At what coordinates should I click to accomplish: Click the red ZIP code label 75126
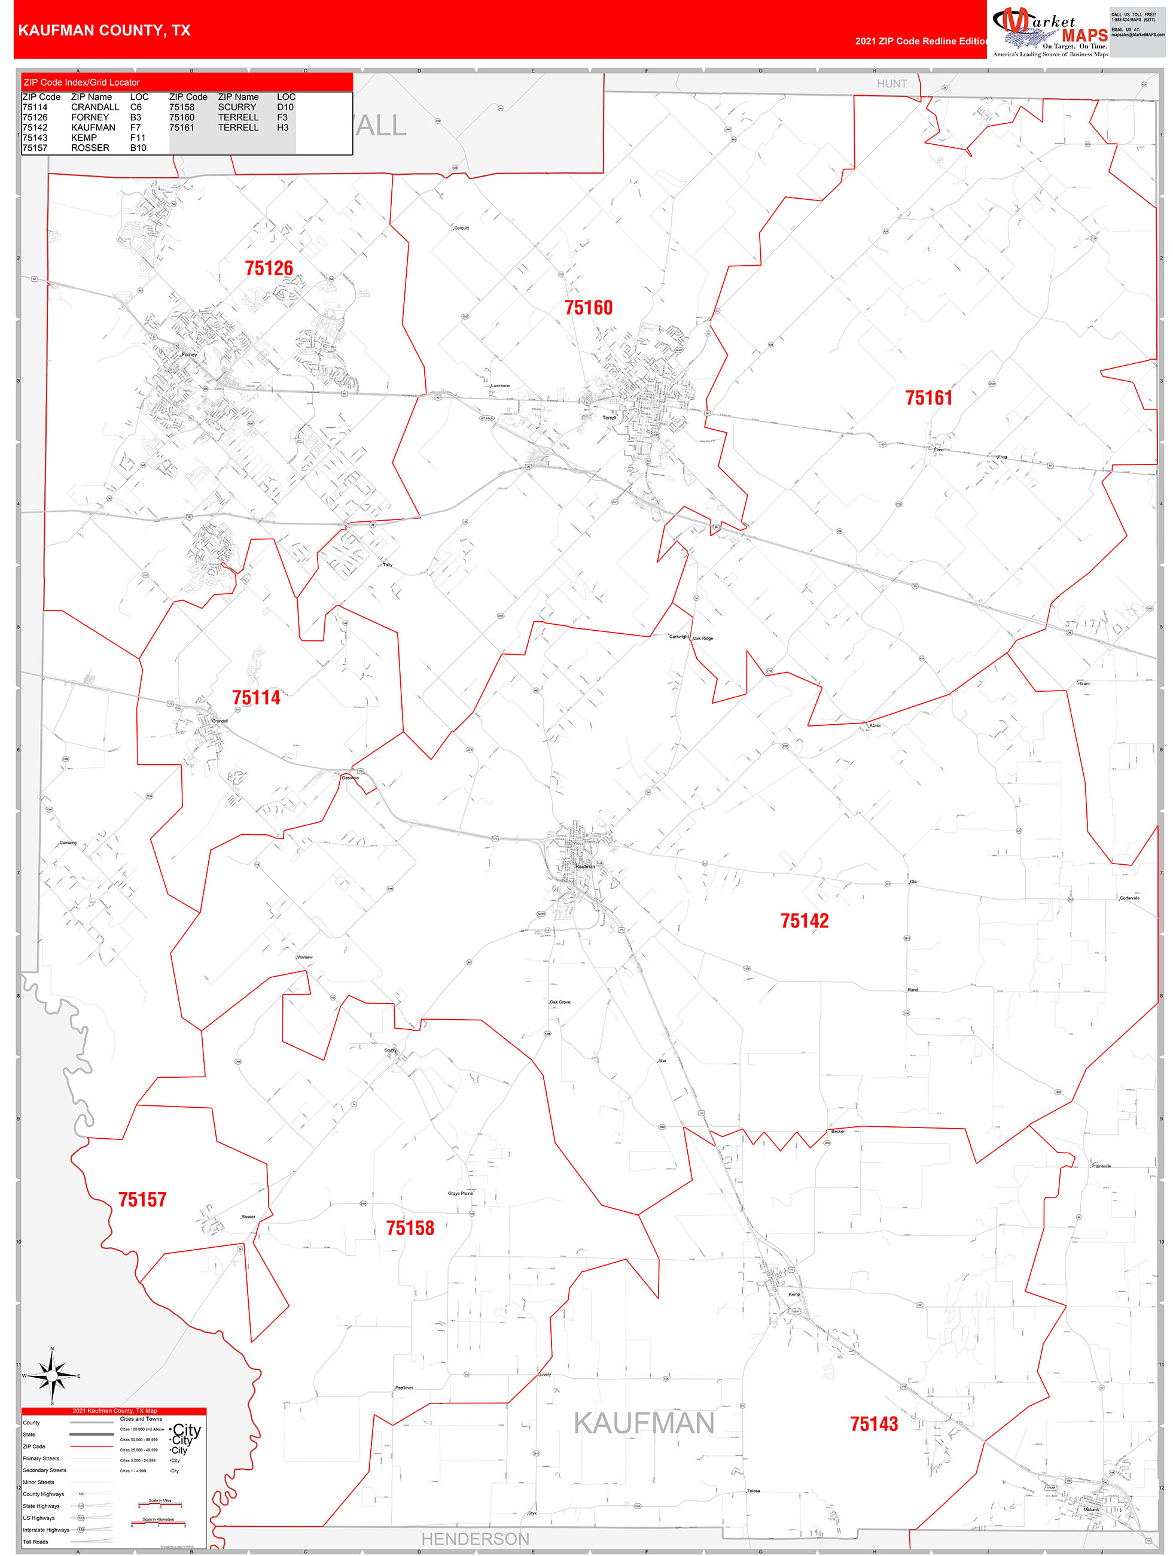tap(269, 268)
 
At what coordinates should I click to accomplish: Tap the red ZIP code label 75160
tap(589, 308)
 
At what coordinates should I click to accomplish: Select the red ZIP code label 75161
tap(928, 398)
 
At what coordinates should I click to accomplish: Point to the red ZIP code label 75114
tap(256, 698)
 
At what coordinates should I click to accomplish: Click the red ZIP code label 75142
tap(805, 921)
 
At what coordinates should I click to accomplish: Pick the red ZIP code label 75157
tap(142, 1199)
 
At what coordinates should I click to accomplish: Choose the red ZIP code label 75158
tap(410, 1228)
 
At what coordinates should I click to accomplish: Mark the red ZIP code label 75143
tap(874, 1424)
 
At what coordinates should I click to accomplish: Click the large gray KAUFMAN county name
tap(644, 1423)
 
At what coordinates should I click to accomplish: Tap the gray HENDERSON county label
tap(476, 1539)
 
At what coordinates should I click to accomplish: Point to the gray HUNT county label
tap(892, 84)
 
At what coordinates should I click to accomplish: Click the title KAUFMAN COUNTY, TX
tap(104, 31)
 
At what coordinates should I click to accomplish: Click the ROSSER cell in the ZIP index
tap(90, 148)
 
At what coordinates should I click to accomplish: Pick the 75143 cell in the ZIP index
tap(35, 138)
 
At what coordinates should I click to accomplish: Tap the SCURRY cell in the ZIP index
tap(237, 107)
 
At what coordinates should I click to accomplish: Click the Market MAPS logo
tap(1049, 32)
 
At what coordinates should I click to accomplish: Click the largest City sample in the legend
tap(187, 1431)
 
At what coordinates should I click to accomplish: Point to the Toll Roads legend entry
tap(36, 1542)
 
